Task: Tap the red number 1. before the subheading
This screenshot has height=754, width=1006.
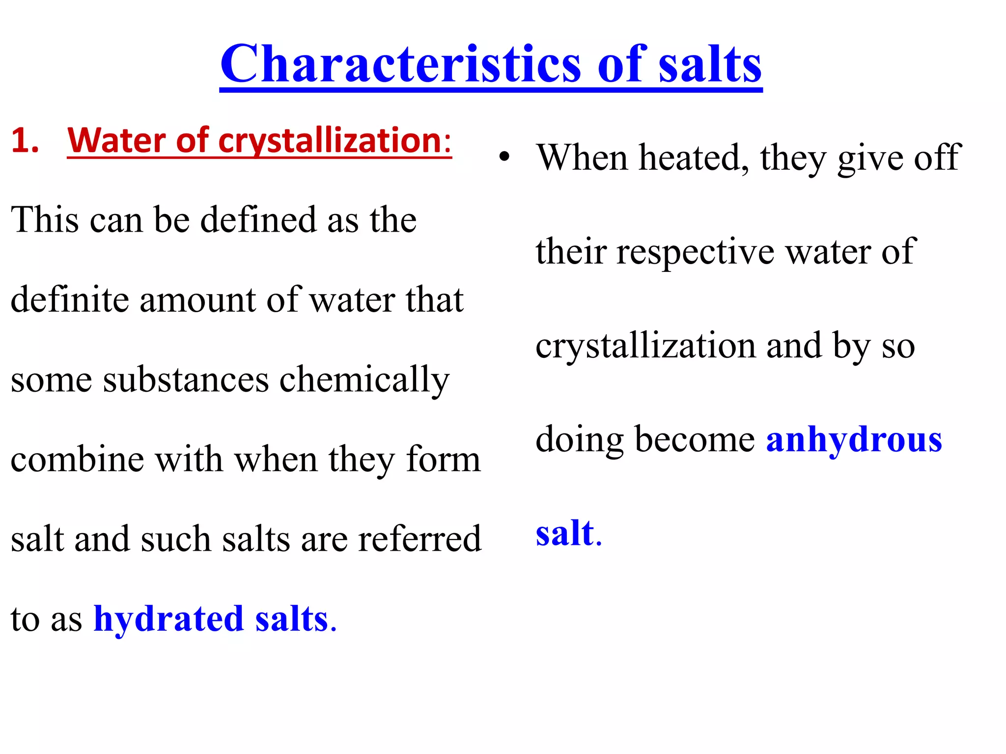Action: point(25,141)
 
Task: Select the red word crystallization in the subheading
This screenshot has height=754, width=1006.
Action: point(330,141)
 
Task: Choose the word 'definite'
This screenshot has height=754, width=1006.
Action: point(69,299)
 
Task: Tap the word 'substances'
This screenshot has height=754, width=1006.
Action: point(186,379)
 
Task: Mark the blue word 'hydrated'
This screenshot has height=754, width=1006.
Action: point(168,619)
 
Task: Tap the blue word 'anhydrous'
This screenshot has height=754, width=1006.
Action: point(854,440)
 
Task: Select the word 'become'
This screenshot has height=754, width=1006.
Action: point(695,439)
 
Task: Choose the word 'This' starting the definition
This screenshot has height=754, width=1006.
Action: point(45,219)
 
